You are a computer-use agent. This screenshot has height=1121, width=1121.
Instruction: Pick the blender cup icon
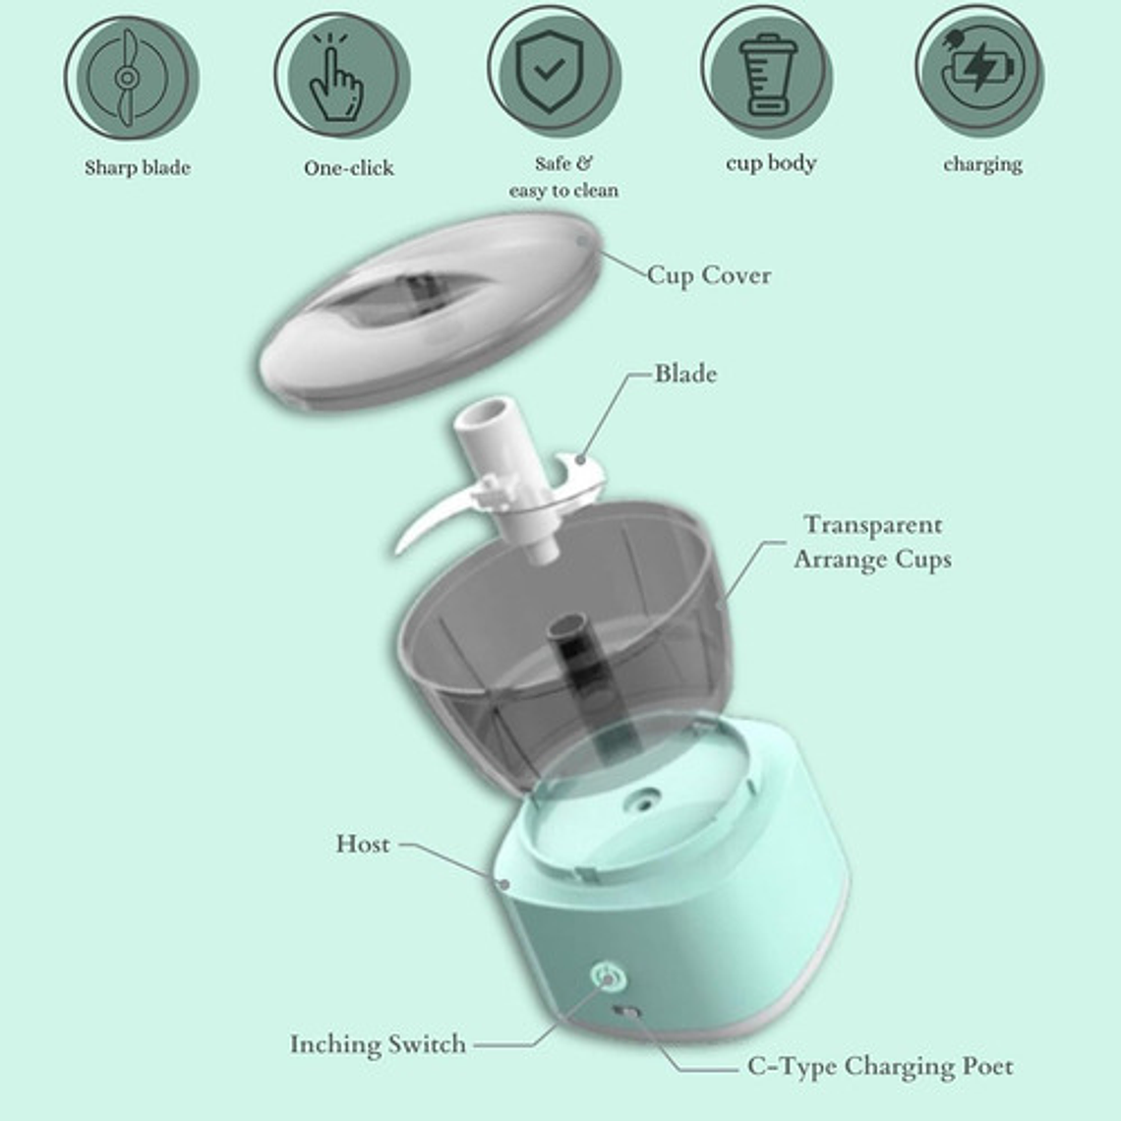click(x=766, y=75)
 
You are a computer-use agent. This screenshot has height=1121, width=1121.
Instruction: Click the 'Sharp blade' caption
click(x=137, y=167)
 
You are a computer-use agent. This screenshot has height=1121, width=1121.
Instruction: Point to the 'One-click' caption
click(x=348, y=168)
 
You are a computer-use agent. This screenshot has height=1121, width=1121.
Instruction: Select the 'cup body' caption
click(x=771, y=163)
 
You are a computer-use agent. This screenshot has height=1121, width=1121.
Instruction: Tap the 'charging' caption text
click(x=982, y=164)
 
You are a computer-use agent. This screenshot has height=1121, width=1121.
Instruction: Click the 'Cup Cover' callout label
click(x=708, y=275)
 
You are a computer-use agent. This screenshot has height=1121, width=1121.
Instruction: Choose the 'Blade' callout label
click(x=685, y=374)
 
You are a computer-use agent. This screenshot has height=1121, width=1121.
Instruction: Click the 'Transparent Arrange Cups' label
click(x=872, y=542)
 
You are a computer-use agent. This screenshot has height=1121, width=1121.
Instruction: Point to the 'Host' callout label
click(x=363, y=844)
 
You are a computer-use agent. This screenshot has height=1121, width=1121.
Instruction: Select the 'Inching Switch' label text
click(x=378, y=1044)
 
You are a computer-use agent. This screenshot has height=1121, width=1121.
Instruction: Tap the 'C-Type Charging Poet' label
click(x=879, y=1066)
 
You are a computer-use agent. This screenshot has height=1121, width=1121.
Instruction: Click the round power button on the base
click(x=607, y=976)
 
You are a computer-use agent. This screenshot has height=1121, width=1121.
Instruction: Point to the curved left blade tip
click(x=405, y=539)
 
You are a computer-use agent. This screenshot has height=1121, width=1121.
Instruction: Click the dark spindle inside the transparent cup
click(x=567, y=654)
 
